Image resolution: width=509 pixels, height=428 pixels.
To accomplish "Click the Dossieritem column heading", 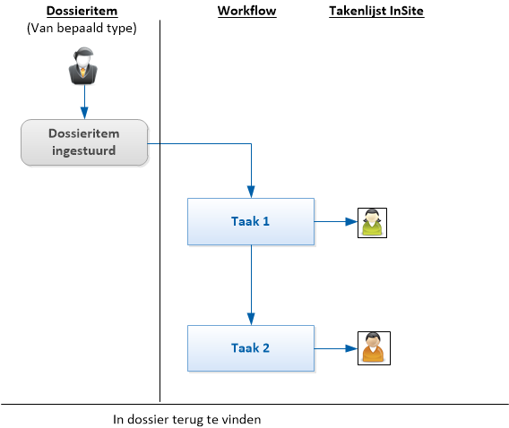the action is coord(82,11).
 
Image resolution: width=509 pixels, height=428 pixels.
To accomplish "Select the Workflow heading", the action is coord(246,11).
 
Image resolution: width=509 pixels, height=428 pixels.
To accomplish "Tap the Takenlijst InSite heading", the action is coord(376,11).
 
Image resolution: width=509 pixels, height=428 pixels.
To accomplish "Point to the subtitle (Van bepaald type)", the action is coord(82,28).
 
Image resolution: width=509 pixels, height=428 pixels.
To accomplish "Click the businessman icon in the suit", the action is coord(83,66).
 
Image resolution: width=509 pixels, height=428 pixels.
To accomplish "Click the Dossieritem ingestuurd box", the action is coord(84,142).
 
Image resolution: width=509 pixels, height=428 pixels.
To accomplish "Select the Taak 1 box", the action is coord(251,221).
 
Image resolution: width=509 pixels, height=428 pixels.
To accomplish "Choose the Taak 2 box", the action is coord(251,348).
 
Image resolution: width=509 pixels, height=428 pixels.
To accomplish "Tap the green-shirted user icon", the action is coord(372,223).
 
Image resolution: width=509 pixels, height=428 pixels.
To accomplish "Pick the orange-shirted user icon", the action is coord(374,348).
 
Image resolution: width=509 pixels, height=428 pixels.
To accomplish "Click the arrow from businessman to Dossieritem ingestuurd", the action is coord(84,102).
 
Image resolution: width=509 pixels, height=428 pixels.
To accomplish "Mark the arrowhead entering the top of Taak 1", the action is coord(251,192).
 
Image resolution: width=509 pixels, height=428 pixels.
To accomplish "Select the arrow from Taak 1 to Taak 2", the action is coord(251,286).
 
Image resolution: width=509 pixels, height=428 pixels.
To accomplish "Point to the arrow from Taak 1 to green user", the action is coord(336,222).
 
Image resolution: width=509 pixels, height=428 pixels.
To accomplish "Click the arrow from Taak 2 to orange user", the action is coord(336,348).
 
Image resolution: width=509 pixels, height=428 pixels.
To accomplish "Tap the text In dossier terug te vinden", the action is coord(187,420).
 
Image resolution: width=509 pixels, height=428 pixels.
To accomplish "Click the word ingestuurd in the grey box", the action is coord(83,150).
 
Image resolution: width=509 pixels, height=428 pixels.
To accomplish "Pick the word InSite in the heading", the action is coord(407,11).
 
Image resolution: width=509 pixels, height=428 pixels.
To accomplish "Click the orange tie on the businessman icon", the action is coord(83,72).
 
